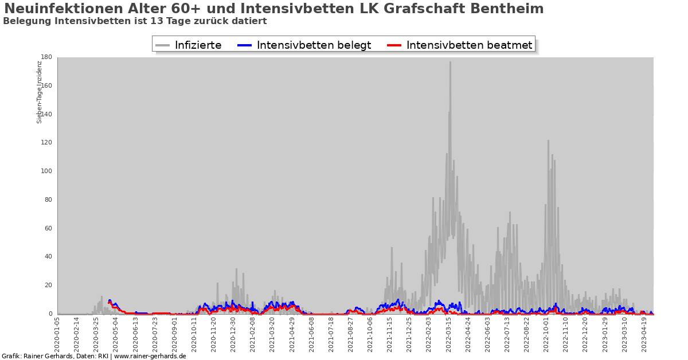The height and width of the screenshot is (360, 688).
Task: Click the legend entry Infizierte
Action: [198, 45]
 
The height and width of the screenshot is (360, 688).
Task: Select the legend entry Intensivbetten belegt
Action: [314, 45]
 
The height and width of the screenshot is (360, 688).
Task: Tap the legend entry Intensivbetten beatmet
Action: [469, 45]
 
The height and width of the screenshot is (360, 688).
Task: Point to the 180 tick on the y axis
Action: [46, 57]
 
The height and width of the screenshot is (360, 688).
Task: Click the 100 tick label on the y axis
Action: [46, 171]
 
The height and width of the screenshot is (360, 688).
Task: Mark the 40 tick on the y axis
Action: [48, 257]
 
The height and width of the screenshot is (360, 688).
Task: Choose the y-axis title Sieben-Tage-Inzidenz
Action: [40, 92]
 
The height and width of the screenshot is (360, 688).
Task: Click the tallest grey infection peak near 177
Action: [450, 63]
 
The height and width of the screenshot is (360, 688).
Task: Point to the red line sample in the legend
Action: [395, 45]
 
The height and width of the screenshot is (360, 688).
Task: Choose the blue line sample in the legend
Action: [245, 45]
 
